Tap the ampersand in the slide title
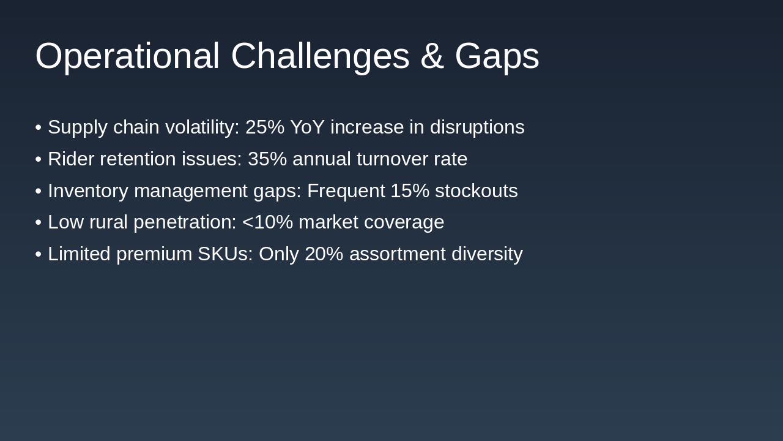point(432,56)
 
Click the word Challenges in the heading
point(320,56)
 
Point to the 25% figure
point(265,127)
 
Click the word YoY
point(307,127)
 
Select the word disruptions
point(477,127)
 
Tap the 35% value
point(267,159)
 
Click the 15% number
point(410,190)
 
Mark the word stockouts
point(477,190)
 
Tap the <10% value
point(267,222)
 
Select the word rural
point(108,222)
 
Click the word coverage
point(404,223)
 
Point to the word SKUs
point(226,254)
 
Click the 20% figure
point(324,254)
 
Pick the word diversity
point(488,254)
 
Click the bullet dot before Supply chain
point(39,127)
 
